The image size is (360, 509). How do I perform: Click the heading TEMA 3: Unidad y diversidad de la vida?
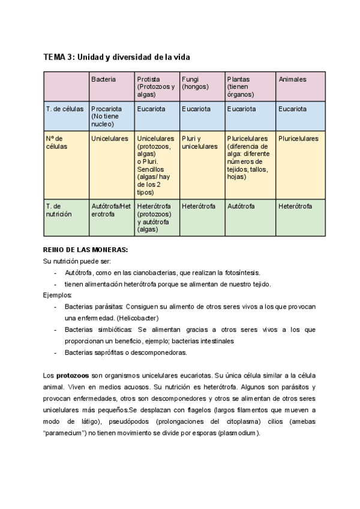tap(116, 57)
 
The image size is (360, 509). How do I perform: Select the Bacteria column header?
tap(104, 79)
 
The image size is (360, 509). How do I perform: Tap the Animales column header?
tap(292, 79)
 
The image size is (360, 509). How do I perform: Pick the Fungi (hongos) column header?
tap(195, 83)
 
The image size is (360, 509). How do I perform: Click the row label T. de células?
tap(65, 109)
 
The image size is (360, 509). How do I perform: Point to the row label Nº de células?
tap(57, 142)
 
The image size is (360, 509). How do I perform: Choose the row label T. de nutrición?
tap(59, 210)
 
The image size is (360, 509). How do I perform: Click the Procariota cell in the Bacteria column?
tap(107, 109)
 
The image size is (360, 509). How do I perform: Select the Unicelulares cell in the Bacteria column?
tap(110, 139)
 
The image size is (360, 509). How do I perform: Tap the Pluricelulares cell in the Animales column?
tap(299, 139)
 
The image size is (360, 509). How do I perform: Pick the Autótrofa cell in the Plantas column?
tap(241, 206)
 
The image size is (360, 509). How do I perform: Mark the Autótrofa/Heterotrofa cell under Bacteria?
tap(111, 210)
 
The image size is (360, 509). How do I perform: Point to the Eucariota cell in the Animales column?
tap(292, 109)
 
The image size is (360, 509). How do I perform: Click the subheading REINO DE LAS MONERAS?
tap(86, 249)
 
